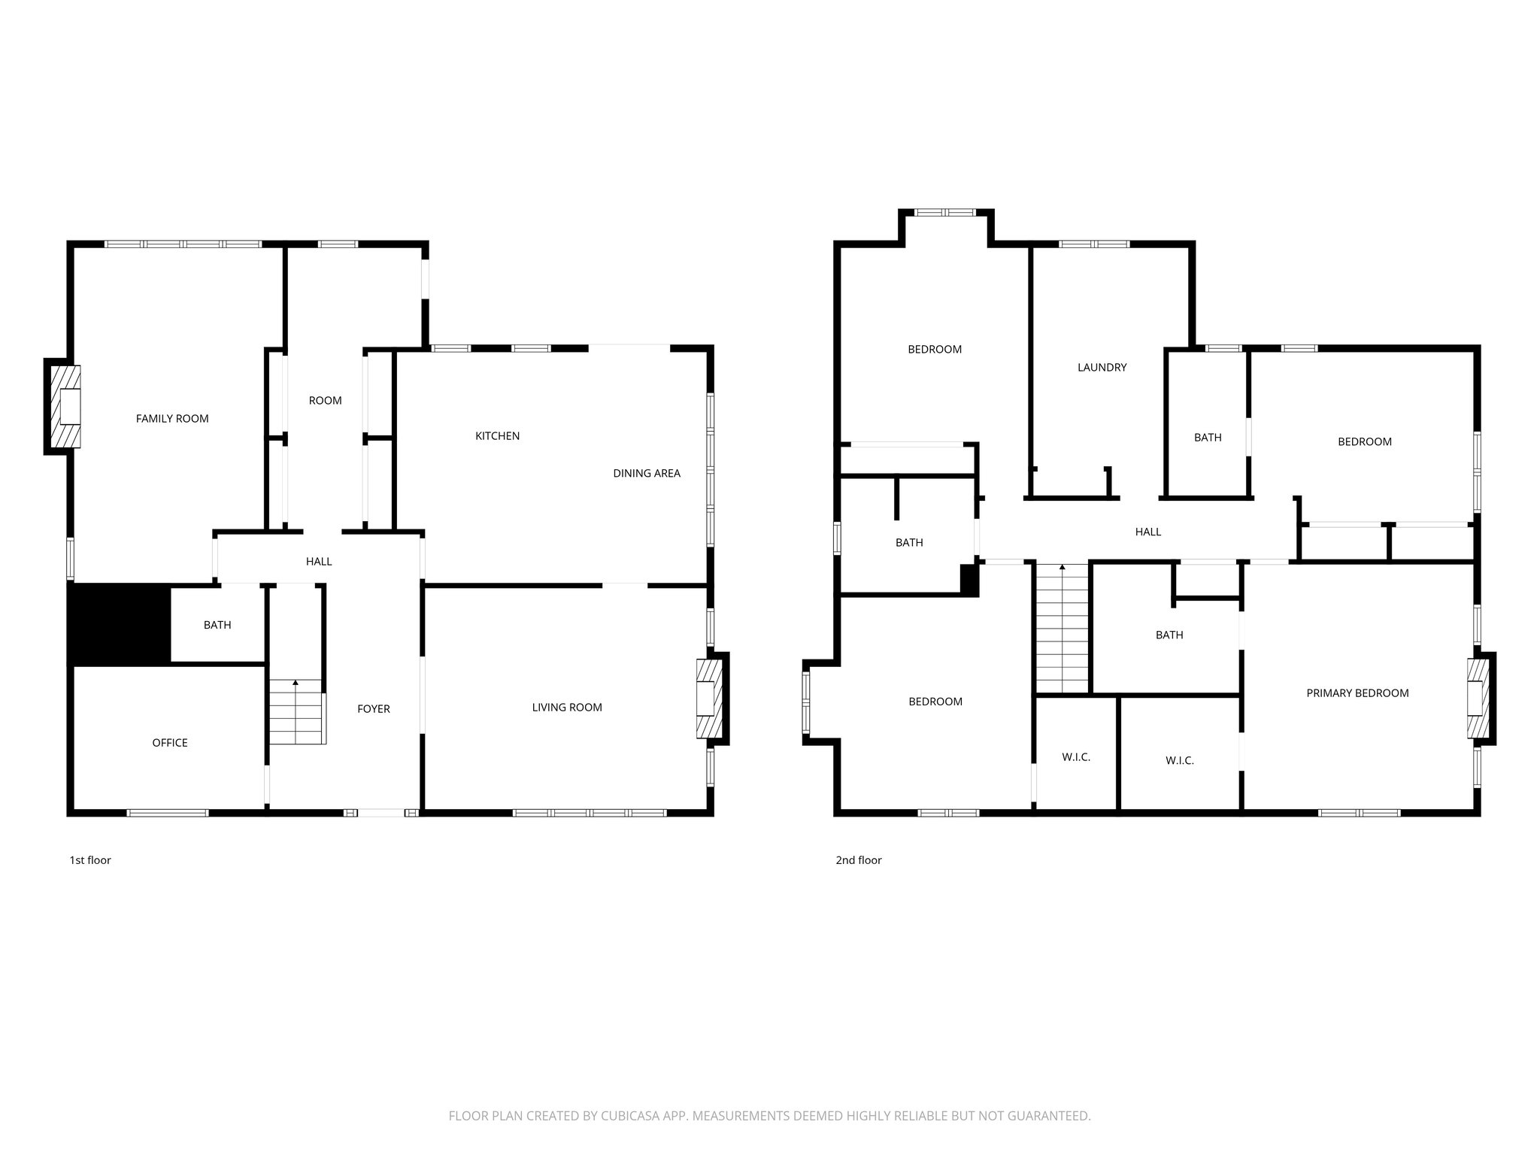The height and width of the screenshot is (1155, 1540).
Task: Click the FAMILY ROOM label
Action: (172, 419)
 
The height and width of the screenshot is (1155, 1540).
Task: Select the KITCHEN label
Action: (497, 436)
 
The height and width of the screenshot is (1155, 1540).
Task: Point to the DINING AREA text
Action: (646, 473)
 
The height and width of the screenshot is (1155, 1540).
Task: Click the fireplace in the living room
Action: (709, 699)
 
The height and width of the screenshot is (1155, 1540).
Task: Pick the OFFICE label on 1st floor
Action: (170, 743)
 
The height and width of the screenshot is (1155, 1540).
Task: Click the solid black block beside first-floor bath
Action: (119, 624)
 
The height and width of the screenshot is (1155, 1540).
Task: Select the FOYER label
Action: (374, 709)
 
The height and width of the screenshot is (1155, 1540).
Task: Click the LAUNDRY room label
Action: (1102, 368)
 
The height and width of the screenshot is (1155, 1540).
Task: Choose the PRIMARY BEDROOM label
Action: (1357, 693)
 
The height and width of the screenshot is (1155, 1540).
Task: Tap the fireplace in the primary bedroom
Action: (1478, 699)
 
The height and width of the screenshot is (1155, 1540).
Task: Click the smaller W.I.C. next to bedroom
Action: (1076, 757)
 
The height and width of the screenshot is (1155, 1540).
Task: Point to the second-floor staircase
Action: (1063, 628)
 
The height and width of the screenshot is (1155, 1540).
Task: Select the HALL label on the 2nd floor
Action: (1147, 532)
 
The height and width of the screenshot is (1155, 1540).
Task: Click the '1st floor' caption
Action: (90, 860)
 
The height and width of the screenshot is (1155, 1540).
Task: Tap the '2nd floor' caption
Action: (858, 860)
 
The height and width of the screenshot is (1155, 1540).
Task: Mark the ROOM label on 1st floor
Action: (325, 401)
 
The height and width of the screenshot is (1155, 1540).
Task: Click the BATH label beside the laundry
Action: (1208, 438)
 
